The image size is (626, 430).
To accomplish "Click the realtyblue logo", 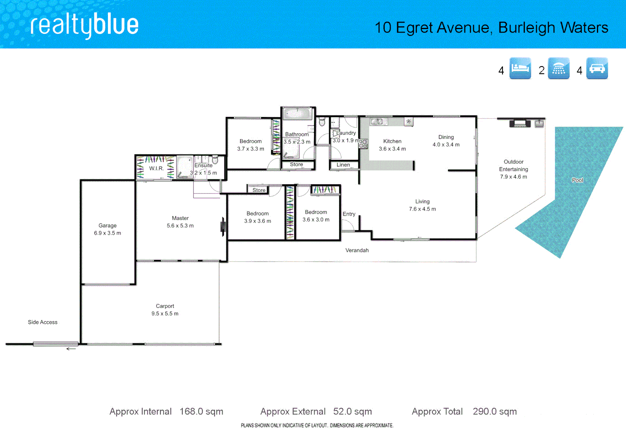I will point(84,25).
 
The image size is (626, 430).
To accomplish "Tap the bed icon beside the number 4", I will point(520,68).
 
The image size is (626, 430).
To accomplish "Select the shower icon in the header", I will point(558,68).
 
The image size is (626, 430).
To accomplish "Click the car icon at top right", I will point(597,68).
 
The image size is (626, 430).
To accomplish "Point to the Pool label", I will point(577,180).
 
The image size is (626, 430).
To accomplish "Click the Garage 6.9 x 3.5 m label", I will point(108,229).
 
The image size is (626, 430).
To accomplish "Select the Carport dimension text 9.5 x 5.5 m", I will point(165,314).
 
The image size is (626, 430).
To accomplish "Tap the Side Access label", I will point(43,322).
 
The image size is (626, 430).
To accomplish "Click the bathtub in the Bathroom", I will point(297,114).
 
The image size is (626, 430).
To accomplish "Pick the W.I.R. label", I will point(156,168).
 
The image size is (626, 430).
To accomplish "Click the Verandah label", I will point(357,250).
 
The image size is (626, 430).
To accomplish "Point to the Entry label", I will point(349,214).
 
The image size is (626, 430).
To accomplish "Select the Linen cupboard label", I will point(343,165).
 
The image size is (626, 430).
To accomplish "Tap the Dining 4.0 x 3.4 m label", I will point(446,141).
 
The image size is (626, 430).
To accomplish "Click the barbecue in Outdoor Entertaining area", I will point(520,123).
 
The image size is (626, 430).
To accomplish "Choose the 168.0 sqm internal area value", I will point(201,411).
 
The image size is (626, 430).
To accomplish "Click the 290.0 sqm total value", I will point(495,411).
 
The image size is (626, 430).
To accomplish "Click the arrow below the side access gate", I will point(71,349).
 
